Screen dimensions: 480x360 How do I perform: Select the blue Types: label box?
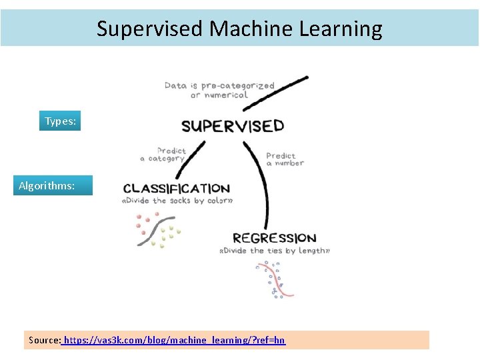coord(60,121)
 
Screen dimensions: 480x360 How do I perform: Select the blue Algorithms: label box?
coord(53,185)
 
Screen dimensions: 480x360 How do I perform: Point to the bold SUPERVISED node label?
coord(233,126)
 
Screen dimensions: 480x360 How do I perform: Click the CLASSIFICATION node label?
coord(176,189)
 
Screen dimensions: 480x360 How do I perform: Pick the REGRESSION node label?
coord(274,238)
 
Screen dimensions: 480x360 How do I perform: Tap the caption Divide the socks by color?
coord(177,201)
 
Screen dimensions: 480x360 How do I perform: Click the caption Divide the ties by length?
coord(274,251)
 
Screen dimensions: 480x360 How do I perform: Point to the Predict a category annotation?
coord(163,155)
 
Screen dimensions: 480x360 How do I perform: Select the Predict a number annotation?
coord(285,159)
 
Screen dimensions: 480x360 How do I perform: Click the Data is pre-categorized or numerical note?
coord(219,90)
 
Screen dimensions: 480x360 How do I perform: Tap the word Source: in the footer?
coord(45,340)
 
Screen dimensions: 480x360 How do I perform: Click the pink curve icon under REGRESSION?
coord(275,279)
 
